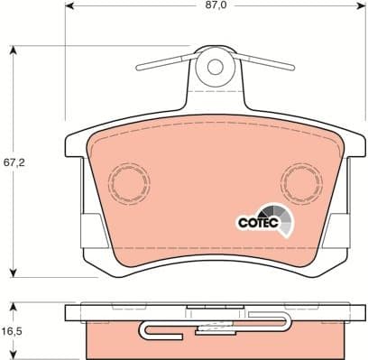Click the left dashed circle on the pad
[130, 184]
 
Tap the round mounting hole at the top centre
[215, 67]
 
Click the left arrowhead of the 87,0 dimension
[69, 15]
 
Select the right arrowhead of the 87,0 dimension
[359, 15]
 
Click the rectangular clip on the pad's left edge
[90, 231]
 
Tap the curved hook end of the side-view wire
[145, 335]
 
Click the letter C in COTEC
[241, 221]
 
